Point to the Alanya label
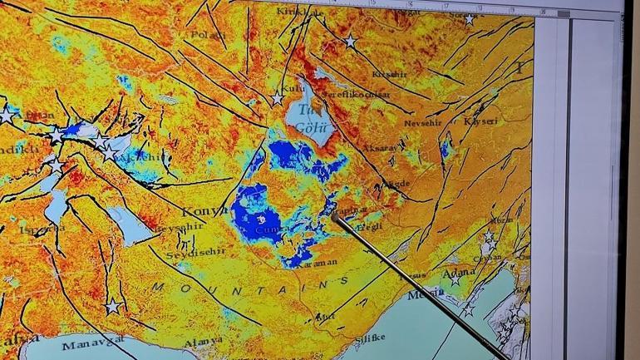click(203, 340)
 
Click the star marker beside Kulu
click(278, 99)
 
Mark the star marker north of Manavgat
click(112, 306)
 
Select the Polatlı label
click(205, 36)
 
